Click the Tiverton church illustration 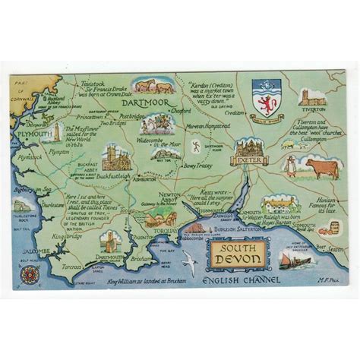point(313,96)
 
